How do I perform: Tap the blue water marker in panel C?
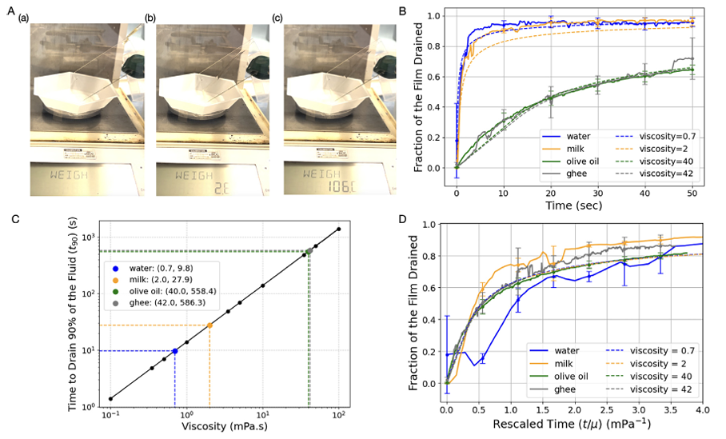click(174, 351)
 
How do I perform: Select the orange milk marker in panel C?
click(209, 325)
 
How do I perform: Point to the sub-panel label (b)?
click(150, 18)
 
